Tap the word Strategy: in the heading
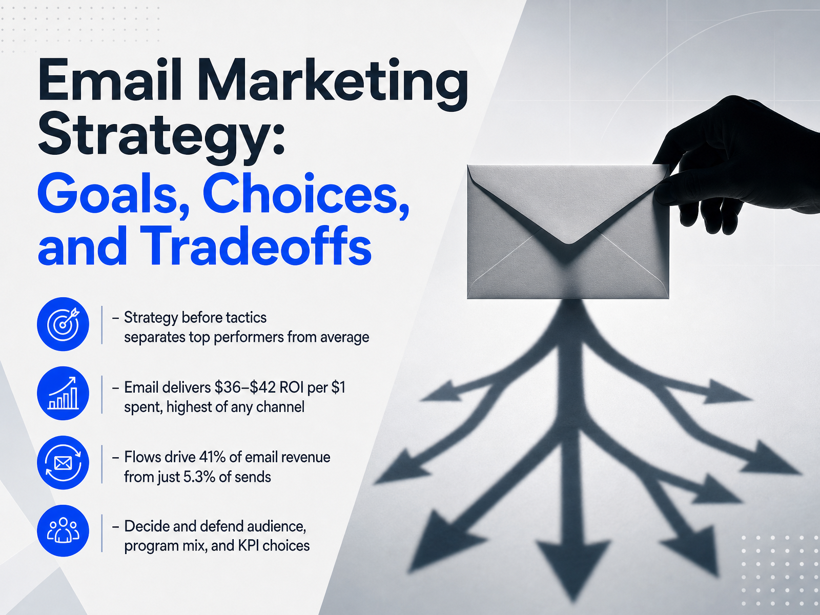click(161, 137)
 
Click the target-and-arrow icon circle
click(63, 324)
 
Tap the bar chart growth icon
click(63, 393)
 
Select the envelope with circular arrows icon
click(63, 463)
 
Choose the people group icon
click(63, 530)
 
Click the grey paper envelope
click(568, 232)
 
